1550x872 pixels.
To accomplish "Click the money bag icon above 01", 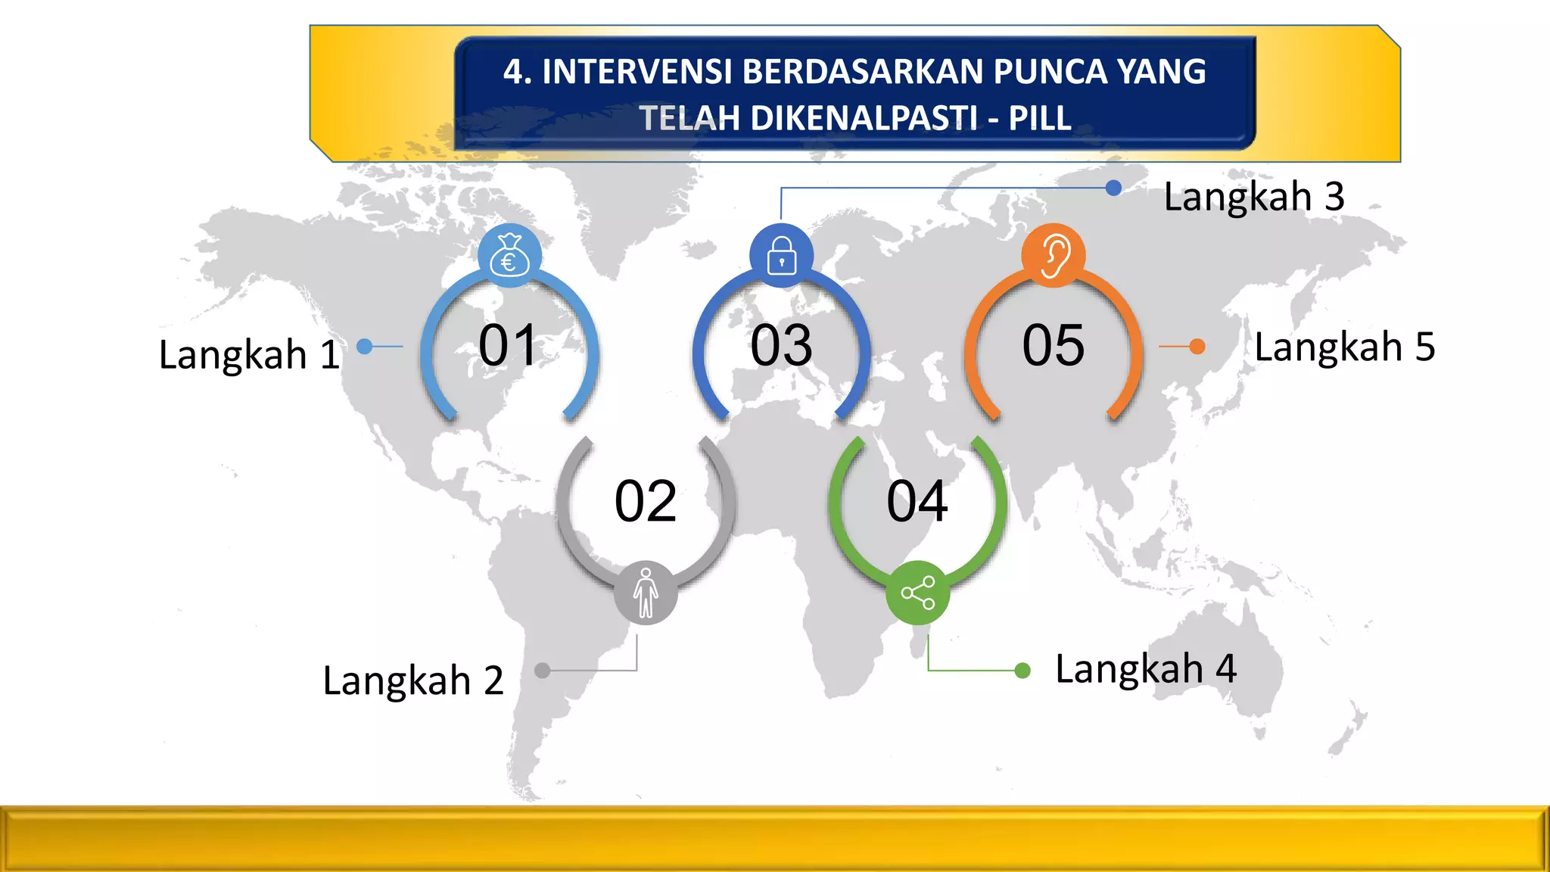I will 509,256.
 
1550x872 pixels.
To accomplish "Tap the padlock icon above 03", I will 781,256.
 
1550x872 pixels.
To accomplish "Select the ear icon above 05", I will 1054,256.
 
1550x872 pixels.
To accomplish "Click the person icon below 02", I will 646,593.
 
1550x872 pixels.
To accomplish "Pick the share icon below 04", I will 917,593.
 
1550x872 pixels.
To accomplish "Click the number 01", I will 508,346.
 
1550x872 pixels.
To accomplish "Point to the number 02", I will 645,501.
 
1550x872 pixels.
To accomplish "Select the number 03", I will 781,346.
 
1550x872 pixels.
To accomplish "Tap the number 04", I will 917,501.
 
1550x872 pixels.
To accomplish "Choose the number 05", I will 1054,346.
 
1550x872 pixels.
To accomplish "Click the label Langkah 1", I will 249,354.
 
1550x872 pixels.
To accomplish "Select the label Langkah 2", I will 413,680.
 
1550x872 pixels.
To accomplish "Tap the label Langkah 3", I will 1254,197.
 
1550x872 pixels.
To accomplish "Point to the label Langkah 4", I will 1146,669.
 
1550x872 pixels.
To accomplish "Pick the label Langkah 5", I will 1345,347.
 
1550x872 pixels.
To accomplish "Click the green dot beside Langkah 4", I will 1022,671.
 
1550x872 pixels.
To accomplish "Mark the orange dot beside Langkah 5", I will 1197,347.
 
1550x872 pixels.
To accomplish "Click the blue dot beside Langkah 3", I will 1113,188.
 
